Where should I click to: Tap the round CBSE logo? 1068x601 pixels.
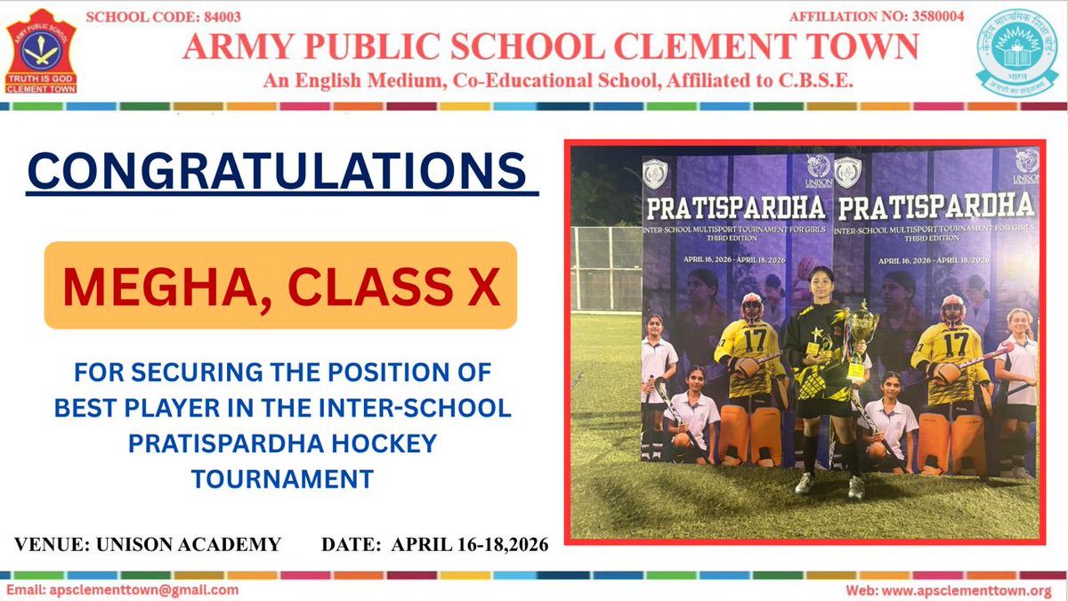1017,51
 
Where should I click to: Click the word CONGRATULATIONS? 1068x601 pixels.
276,172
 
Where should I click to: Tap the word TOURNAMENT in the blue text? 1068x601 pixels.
281,478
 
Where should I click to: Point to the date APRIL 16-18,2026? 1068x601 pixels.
470,543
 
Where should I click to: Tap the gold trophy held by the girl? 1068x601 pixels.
860,334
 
